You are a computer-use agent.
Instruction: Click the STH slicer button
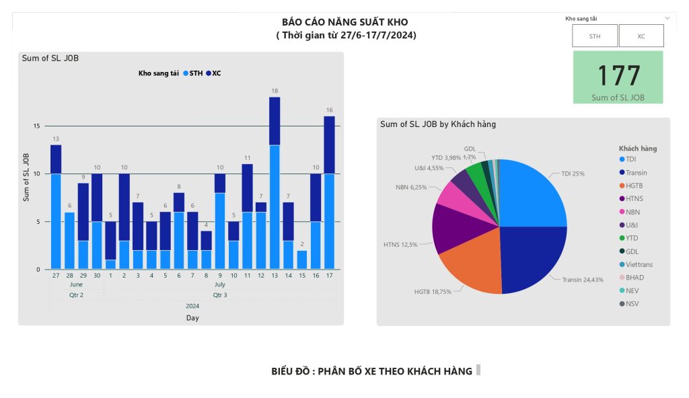(x=595, y=36)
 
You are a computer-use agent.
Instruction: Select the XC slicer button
(x=641, y=36)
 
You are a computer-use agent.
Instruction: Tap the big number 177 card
(x=618, y=77)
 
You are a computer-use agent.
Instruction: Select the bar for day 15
(x=302, y=260)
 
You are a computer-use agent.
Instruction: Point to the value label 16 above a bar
(x=330, y=110)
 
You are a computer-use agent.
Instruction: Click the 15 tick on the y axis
(x=37, y=126)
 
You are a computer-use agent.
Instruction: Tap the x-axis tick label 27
(x=56, y=276)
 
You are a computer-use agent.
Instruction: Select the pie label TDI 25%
(x=573, y=173)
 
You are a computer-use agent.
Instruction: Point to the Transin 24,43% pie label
(x=583, y=279)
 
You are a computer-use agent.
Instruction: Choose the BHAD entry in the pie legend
(x=634, y=277)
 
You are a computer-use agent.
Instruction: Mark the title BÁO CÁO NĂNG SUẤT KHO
(x=344, y=22)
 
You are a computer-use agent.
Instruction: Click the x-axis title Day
(x=192, y=318)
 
